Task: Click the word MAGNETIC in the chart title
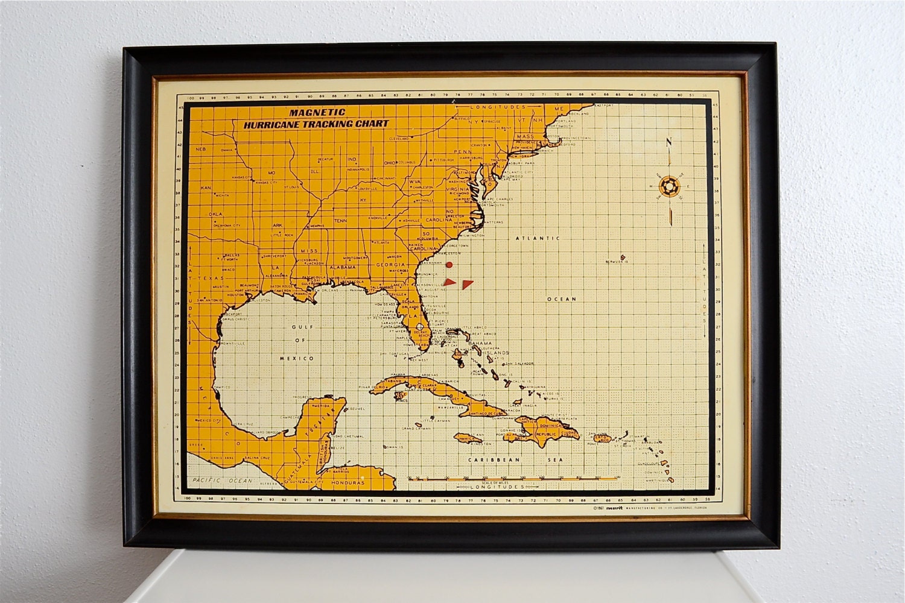click(317, 112)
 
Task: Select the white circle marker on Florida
click(420, 326)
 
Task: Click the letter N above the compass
click(668, 143)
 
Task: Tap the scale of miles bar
click(513, 478)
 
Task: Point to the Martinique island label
click(659, 479)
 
